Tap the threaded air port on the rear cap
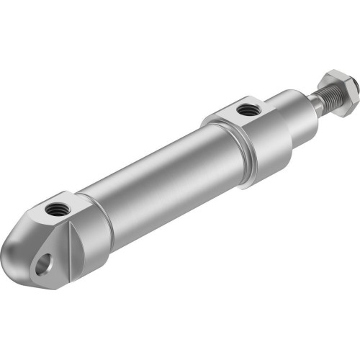pos(55,210)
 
